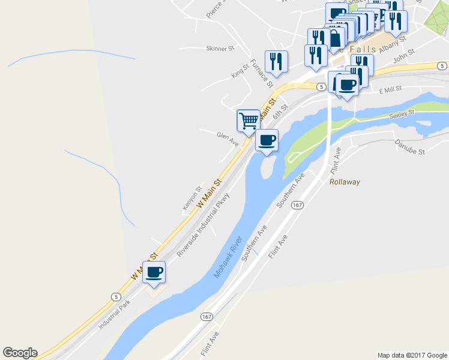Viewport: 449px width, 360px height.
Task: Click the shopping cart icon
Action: pos(248,120)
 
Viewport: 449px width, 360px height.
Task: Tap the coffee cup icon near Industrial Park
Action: pos(154,272)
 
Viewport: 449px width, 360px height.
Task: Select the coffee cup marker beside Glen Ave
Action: pos(267,140)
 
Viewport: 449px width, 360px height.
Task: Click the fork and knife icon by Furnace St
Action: pos(276,61)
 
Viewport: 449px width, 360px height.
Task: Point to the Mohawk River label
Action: pos(228,257)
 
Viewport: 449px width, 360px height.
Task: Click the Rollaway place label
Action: pos(345,182)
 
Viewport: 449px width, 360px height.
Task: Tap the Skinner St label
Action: pos(220,49)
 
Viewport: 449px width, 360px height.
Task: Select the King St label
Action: pos(240,72)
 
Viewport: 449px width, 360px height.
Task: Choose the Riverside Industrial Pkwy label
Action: pos(203,225)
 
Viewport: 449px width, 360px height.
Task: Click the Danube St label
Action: pos(409,148)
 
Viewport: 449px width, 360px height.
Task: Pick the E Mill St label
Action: pos(390,89)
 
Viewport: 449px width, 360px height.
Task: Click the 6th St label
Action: pos(280,110)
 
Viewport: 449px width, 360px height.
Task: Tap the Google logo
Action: pos(20,353)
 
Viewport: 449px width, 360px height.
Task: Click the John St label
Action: pos(400,59)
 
